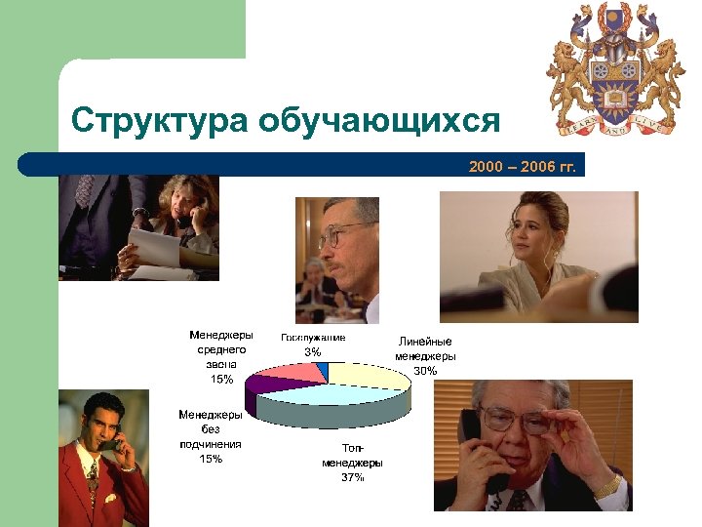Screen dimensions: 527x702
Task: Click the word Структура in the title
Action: tap(157, 121)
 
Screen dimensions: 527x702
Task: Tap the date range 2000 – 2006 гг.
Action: tap(522, 167)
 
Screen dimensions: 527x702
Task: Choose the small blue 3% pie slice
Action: tap(323, 368)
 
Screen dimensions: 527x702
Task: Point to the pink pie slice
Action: tap(299, 372)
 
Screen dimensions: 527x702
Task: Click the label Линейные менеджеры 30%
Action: tap(425, 355)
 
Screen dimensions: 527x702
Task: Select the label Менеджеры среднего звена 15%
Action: tap(221, 356)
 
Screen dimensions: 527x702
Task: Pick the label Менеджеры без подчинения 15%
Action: tap(211, 436)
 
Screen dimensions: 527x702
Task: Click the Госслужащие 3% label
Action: tap(312, 344)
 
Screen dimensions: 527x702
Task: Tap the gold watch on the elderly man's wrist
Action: tap(607, 484)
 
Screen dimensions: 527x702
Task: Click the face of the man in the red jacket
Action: tap(101, 430)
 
